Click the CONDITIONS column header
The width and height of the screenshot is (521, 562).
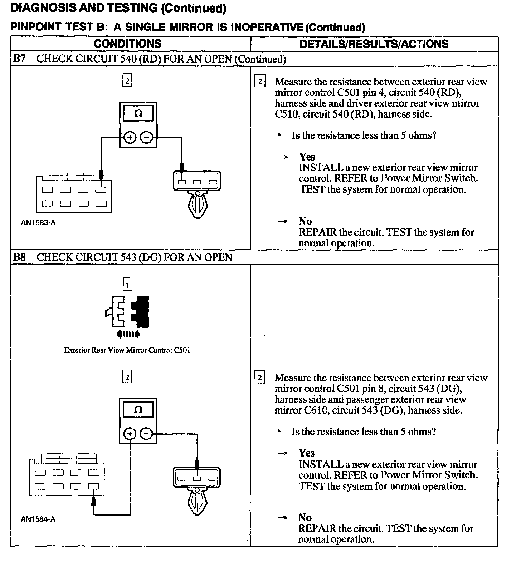[127, 44]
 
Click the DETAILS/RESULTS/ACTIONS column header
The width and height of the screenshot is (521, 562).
[374, 44]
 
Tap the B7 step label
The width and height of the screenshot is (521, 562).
[19, 59]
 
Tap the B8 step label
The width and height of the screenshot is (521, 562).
[19, 257]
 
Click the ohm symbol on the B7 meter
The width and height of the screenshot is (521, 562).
[138, 114]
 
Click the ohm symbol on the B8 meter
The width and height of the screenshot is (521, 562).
[138, 410]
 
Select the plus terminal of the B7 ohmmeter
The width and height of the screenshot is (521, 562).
[130, 137]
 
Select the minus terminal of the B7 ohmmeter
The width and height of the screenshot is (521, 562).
[146, 137]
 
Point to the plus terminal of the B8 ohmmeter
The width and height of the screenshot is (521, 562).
[130, 434]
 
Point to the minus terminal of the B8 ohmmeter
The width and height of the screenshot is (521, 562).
[146, 434]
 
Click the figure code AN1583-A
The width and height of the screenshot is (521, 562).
[38, 222]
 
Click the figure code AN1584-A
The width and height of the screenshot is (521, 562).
[38, 519]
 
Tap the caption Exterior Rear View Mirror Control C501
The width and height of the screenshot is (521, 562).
[127, 350]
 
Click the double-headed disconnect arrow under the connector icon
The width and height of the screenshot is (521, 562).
[128, 334]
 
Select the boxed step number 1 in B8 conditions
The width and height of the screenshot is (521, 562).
[127, 285]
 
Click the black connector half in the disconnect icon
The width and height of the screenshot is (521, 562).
[141, 311]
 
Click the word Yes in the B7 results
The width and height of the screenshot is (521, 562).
[307, 157]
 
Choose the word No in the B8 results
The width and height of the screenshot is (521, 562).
[305, 517]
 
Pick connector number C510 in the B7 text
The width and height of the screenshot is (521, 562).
[287, 114]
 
